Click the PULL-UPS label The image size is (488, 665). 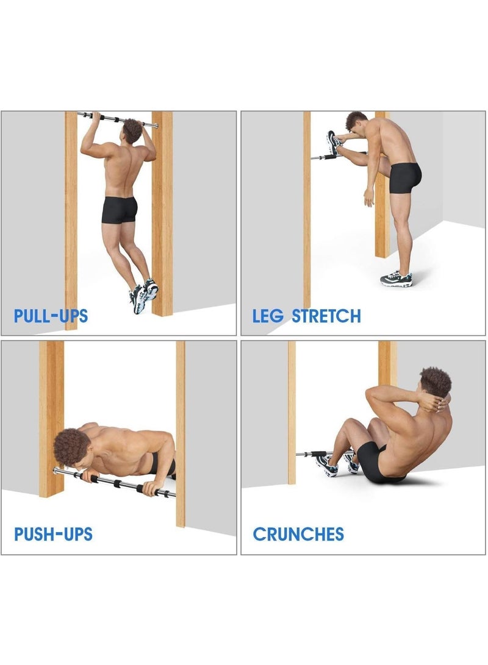pyautogui.click(x=51, y=316)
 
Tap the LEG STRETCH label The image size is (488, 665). pyautogui.click(x=306, y=316)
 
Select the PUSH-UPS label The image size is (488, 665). pyautogui.click(x=53, y=535)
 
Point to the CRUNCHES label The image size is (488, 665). pyautogui.click(x=298, y=535)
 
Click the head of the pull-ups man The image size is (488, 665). pyautogui.click(x=133, y=129)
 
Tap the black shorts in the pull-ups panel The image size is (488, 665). pyautogui.click(x=120, y=208)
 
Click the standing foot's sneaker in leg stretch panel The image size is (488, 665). pyautogui.click(x=396, y=279)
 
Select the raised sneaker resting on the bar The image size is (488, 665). pyautogui.click(x=334, y=144)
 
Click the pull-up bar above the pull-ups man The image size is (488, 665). pyautogui.click(x=116, y=118)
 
